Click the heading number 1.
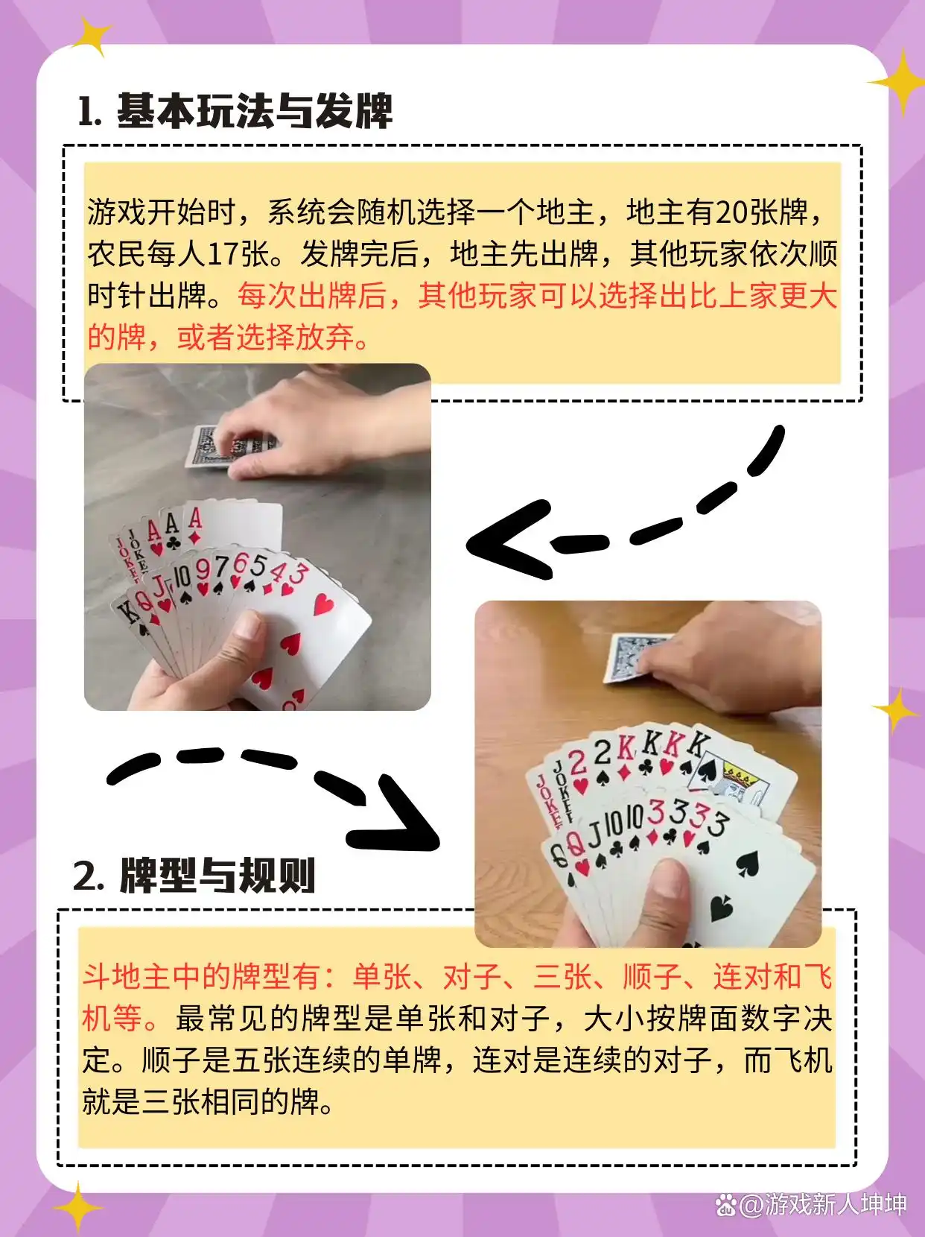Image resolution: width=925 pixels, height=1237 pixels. pos(89,113)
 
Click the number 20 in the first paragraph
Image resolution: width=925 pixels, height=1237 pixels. pos(731,212)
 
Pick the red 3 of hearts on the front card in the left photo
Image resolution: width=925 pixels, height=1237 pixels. pos(298,573)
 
